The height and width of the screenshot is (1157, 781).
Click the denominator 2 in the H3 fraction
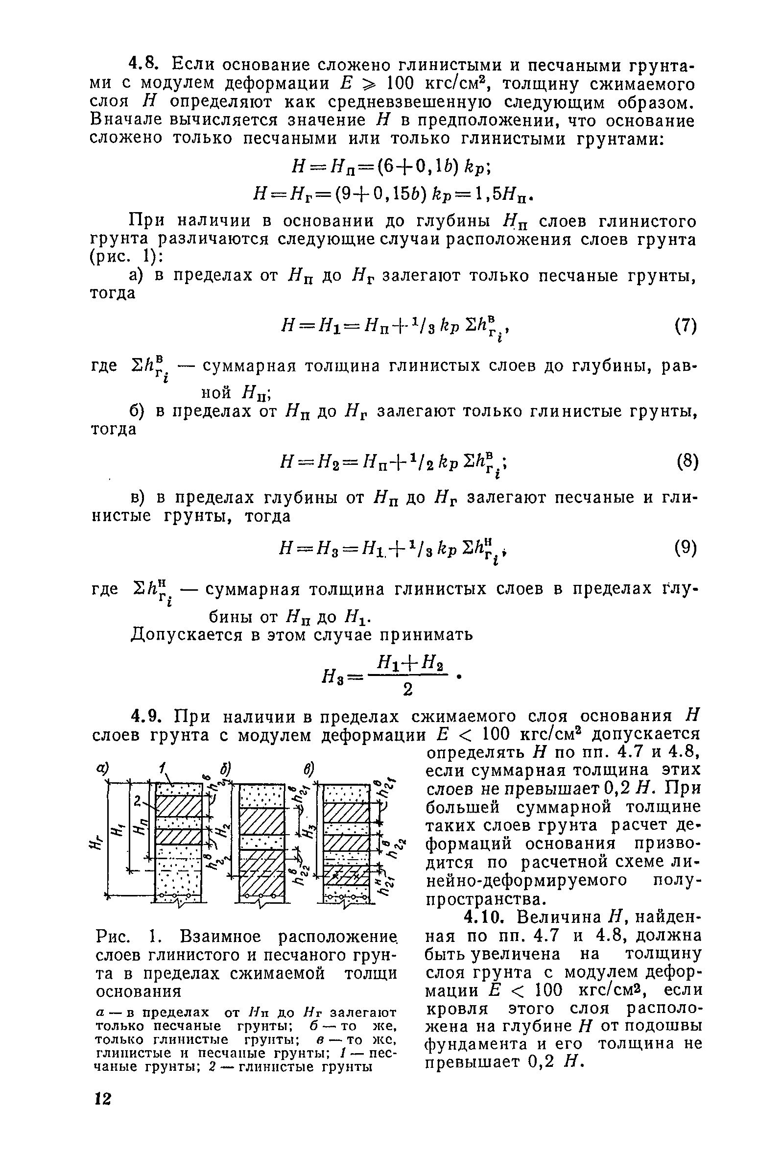pos(408,689)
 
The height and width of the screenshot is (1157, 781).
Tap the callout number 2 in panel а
pos(136,800)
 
